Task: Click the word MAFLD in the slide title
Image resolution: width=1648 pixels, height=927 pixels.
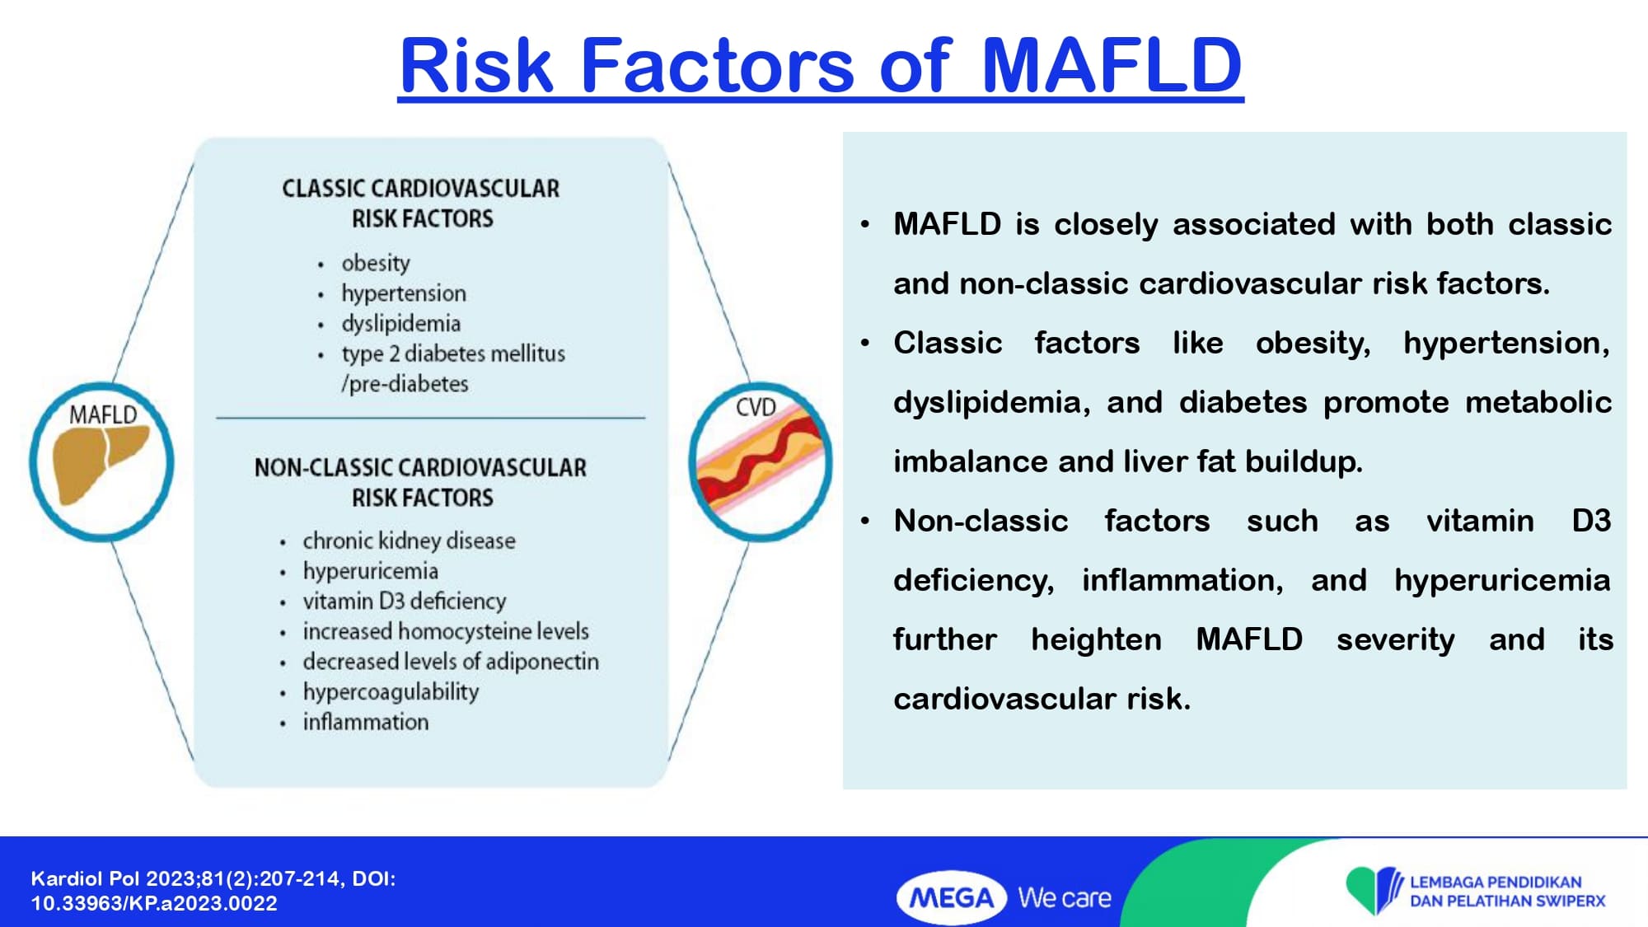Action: point(1112,65)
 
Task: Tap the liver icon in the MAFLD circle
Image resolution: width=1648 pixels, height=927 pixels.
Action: point(99,466)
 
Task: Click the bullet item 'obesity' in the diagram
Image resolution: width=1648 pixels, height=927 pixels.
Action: point(376,263)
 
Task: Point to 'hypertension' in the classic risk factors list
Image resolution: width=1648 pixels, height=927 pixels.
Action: point(404,293)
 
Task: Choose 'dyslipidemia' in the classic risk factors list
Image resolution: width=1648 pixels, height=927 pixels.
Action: point(401,324)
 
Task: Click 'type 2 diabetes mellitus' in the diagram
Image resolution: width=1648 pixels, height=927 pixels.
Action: point(453,353)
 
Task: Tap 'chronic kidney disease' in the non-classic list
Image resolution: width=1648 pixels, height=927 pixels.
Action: point(409,541)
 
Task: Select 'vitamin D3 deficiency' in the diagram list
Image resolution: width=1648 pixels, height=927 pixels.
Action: point(404,602)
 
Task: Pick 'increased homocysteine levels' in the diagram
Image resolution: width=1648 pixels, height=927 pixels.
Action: point(446,631)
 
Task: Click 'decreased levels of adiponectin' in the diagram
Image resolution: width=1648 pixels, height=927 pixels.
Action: point(451,662)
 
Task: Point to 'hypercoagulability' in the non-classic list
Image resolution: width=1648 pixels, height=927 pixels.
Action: point(391,692)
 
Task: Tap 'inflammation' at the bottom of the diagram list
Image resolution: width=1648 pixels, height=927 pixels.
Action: point(366,722)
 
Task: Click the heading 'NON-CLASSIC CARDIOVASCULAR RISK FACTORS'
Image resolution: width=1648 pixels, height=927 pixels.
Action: point(421,483)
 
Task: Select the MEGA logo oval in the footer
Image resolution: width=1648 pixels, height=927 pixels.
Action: point(952,897)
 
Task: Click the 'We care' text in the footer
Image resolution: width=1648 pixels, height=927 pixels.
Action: point(1065,897)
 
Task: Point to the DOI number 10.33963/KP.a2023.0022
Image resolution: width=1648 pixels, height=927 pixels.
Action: point(154,903)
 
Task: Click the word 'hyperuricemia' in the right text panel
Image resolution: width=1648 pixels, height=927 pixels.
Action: point(1502,581)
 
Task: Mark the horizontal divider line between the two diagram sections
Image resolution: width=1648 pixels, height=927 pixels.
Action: point(430,418)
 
